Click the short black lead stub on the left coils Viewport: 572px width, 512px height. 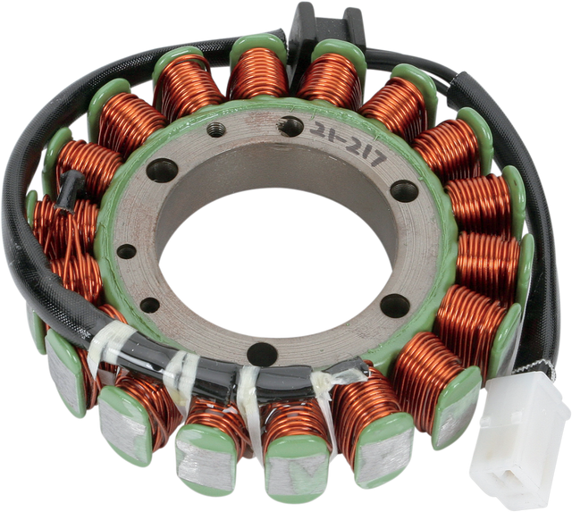click(71, 189)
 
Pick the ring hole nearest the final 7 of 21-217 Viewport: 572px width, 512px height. click(404, 190)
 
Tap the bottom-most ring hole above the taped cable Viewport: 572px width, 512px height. click(262, 353)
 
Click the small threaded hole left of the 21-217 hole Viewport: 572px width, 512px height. click(215, 130)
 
